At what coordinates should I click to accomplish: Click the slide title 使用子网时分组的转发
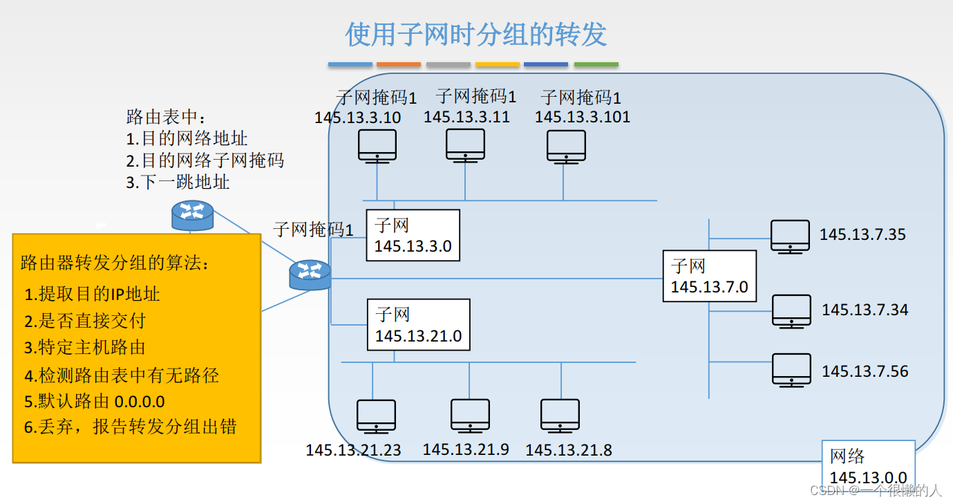[x=476, y=34]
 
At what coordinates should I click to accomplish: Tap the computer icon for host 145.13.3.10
[x=377, y=146]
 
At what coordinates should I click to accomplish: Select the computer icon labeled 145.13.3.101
[x=566, y=146]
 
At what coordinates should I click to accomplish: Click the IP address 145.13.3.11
[x=466, y=117]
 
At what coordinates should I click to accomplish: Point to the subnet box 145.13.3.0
[x=413, y=235]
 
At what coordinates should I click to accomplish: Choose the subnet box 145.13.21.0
[x=418, y=325]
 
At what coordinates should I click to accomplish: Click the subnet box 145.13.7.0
[x=709, y=276]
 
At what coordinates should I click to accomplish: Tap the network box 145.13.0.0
[x=868, y=467]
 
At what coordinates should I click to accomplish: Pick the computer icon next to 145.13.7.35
[x=790, y=236]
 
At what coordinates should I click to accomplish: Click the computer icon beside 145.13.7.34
[x=791, y=310]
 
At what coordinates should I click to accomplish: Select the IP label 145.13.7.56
[x=865, y=371]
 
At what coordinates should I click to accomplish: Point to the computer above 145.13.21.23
[x=376, y=416]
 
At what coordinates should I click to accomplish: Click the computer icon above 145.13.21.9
[x=470, y=415]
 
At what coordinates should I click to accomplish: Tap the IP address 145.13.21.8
[x=568, y=451]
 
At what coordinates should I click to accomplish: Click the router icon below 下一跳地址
[x=192, y=215]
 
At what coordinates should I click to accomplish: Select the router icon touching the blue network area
[x=310, y=274]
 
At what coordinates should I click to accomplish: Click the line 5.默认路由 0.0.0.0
[x=95, y=402]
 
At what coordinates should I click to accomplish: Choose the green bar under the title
[x=596, y=64]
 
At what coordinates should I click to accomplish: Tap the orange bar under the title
[x=399, y=64]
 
